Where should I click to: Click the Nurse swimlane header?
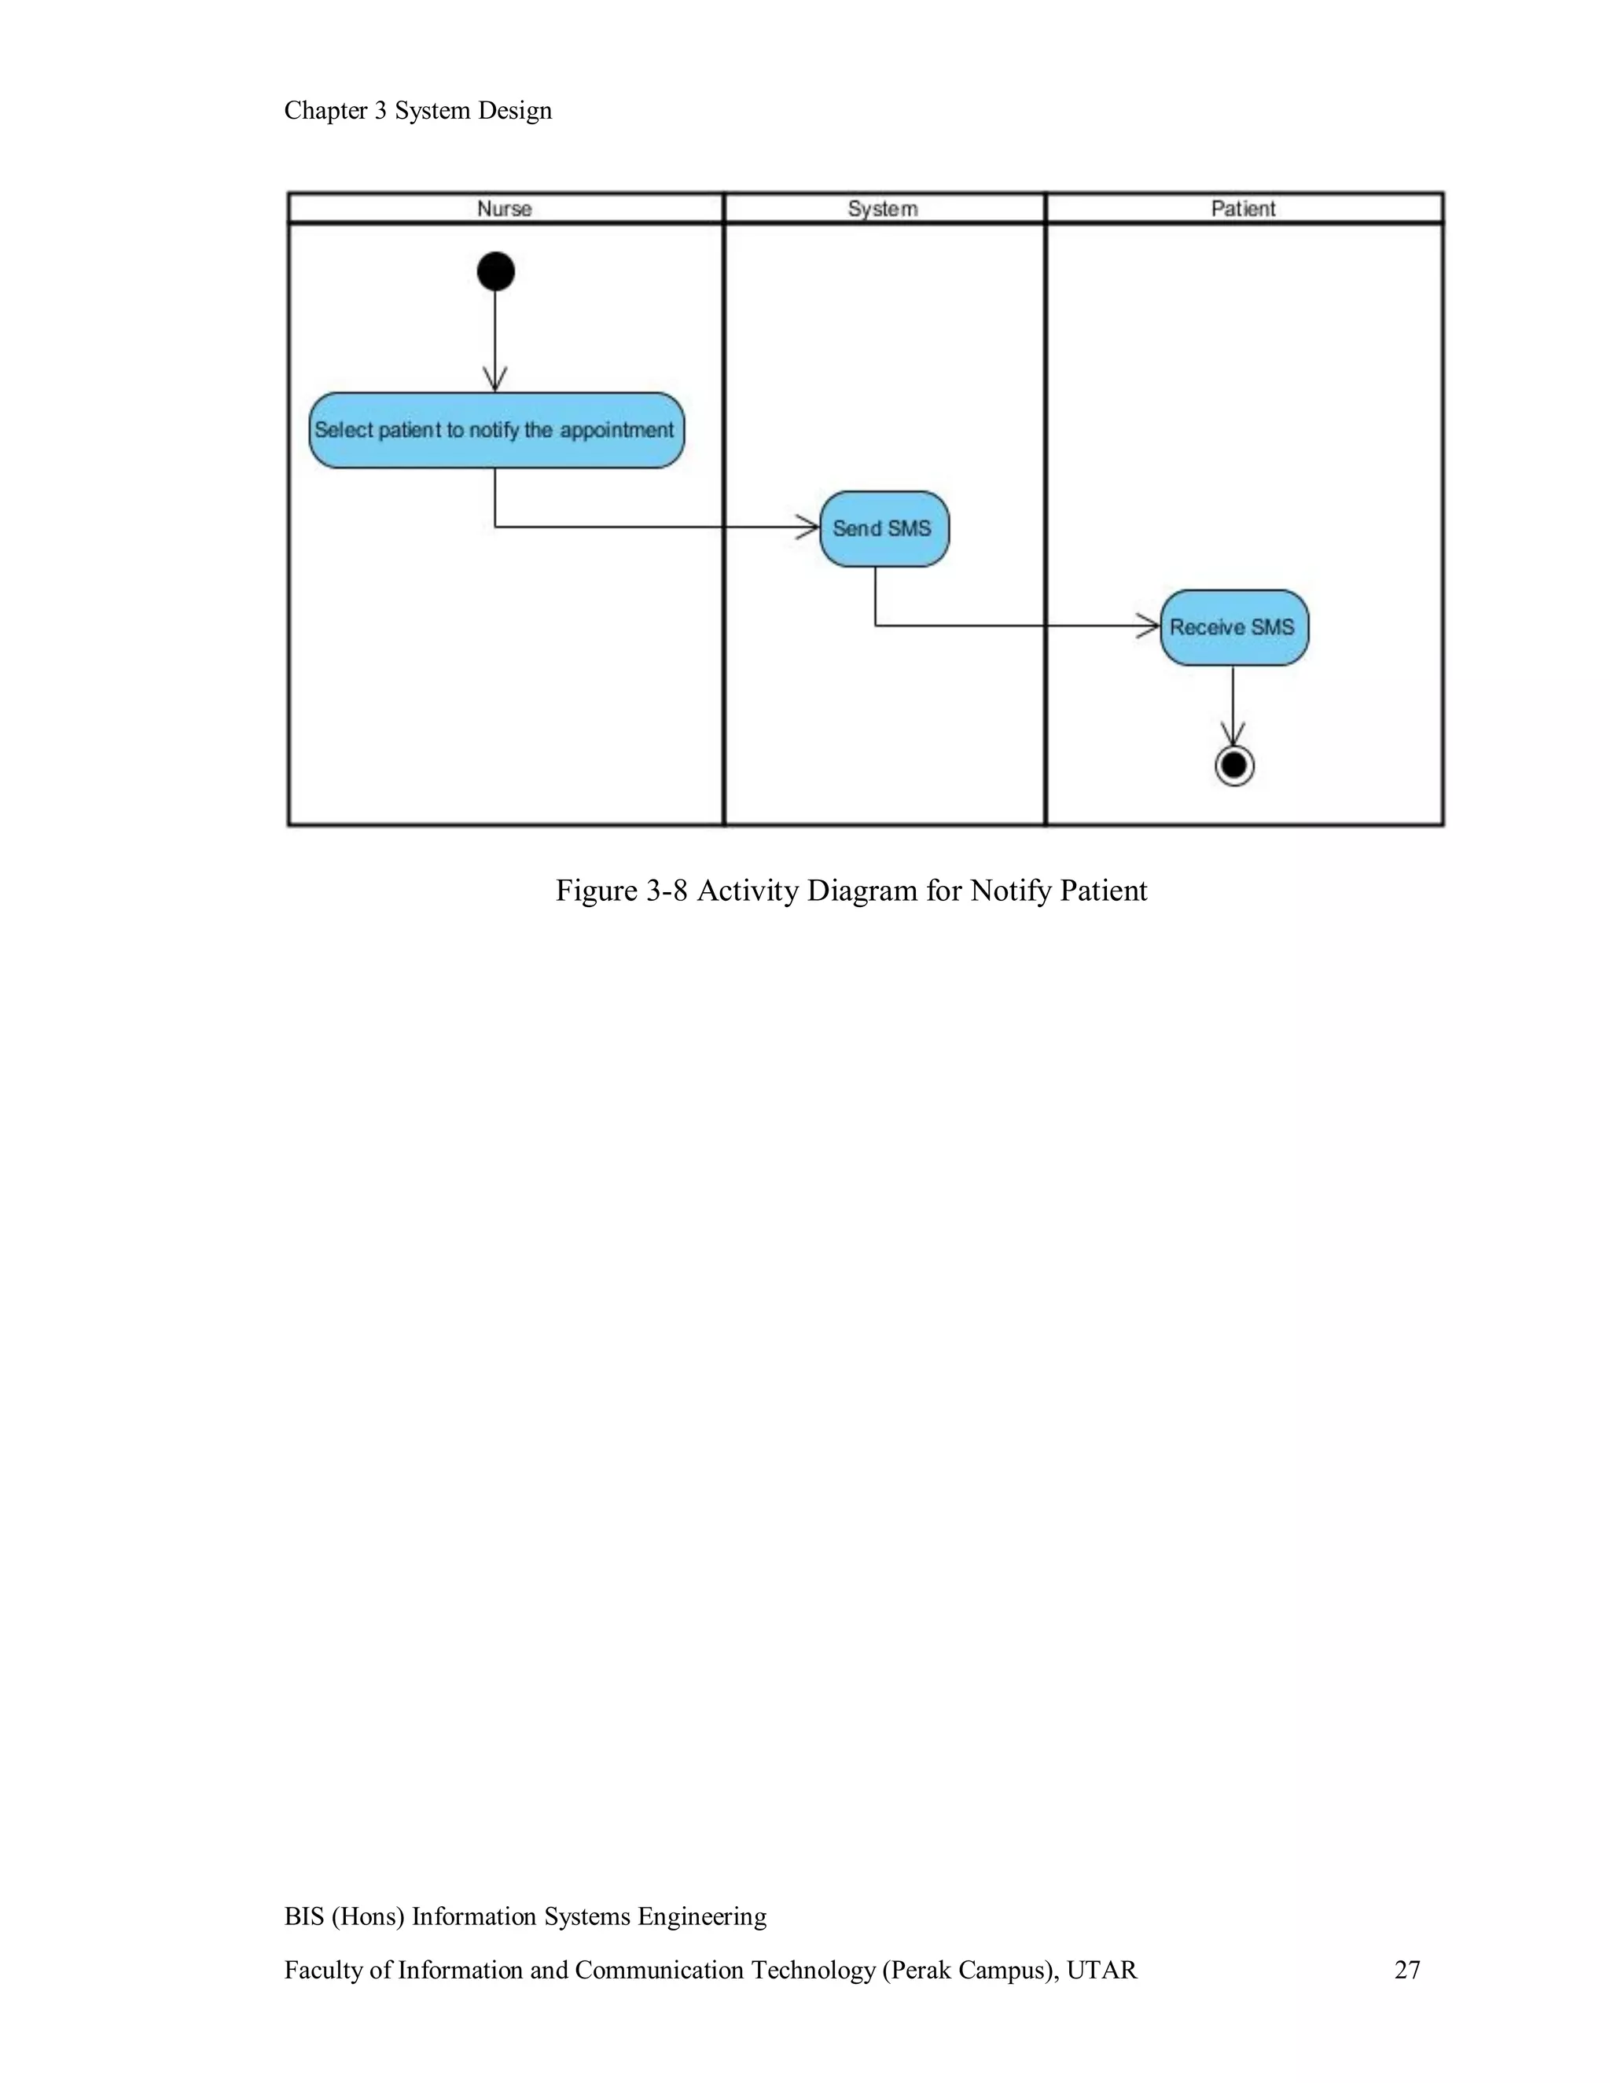click(x=505, y=209)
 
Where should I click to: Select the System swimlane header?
click(x=883, y=209)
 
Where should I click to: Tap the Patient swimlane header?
click(x=1243, y=209)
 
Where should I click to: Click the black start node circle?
click(x=496, y=272)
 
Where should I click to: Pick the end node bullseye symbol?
click(x=1234, y=766)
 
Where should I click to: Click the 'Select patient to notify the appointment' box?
click(x=496, y=430)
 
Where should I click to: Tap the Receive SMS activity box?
click(x=1233, y=627)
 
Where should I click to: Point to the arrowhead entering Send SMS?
click(x=809, y=527)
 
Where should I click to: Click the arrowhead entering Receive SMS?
click(x=1149, y=626)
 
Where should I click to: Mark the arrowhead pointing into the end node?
click(x=1233, y=736)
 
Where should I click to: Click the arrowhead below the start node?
click(x=495, y=380)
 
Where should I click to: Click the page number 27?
click(x=1407, y=1970)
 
